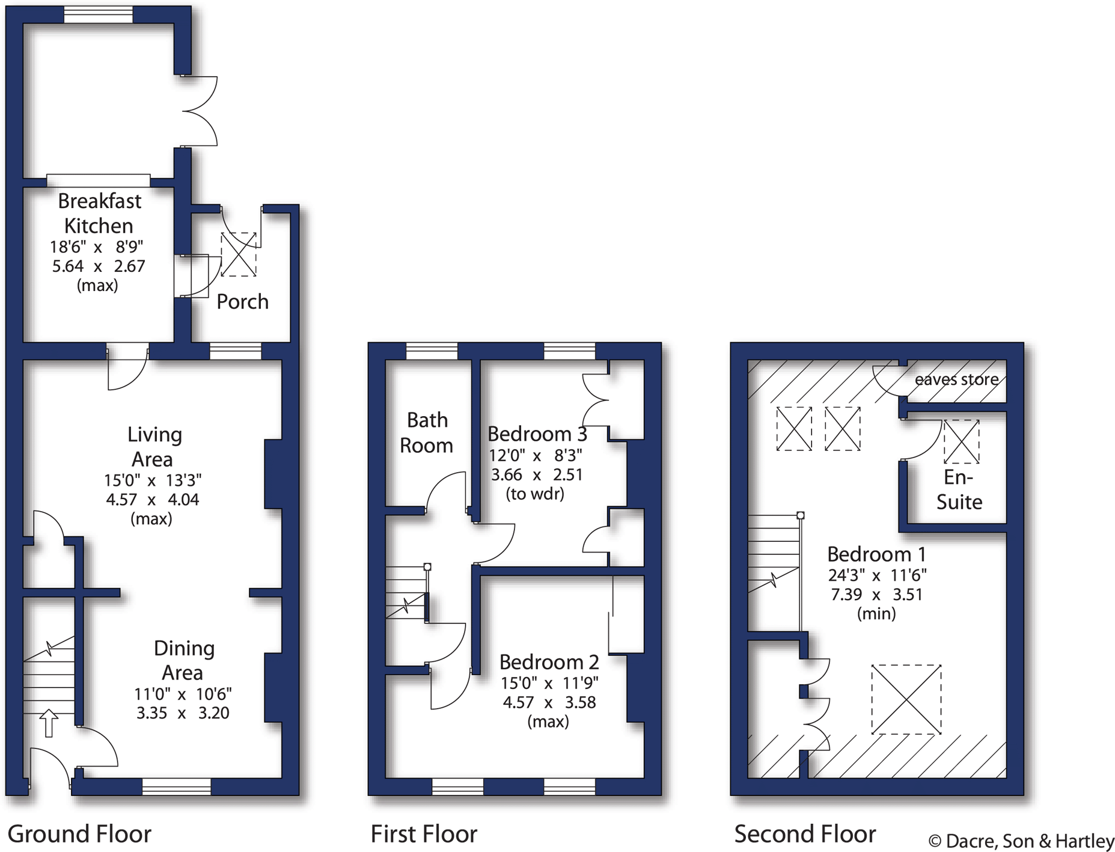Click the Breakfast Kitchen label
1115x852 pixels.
(x=99, y=213)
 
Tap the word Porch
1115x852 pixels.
(x=242, y=302)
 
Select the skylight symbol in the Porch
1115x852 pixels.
(x=239, y=254)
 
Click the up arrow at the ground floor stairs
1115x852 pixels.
(x=49, y=723)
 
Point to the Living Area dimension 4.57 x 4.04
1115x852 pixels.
(x=152, y=500)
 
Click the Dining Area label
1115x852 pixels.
(x=183, y=660)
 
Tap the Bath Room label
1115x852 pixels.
(x=427, y=432)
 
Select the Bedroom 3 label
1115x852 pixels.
(x=537, y=434)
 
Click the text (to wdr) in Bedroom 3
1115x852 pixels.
(x=535, y=494)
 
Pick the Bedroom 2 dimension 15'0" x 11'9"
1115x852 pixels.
(x=549, y=683)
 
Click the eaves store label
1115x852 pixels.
(x=956, y=379)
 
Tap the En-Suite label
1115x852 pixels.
(x=959, y=489)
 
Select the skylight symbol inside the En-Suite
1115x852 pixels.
(x=961, y=442)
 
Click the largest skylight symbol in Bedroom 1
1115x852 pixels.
(x=906, y=699)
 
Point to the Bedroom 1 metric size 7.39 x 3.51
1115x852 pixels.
(x=876, y=595)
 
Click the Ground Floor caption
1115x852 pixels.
(x=79, y=834)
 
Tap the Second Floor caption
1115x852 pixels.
(x=805, y=834)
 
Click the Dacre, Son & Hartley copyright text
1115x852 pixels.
(x=1021, y=841)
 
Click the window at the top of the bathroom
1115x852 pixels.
(x=432, y=351)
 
